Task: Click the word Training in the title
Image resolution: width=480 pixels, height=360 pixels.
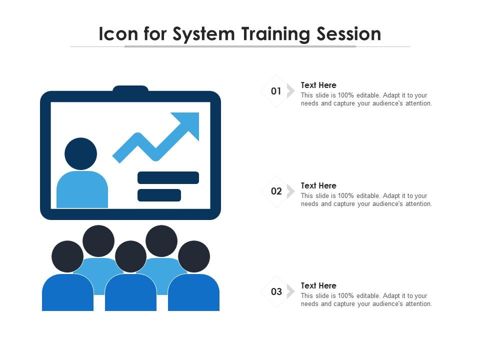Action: [275, 34]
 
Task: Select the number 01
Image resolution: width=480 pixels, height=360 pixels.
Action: [276, 91]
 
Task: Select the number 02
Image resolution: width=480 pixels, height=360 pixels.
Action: [276, 191]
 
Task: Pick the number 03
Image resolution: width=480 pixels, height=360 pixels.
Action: [276, 291]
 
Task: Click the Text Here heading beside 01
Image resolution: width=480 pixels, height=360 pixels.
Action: [318, 85]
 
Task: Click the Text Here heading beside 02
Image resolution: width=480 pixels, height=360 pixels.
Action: [318, 185]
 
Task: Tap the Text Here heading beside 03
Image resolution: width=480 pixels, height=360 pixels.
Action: [318, 285]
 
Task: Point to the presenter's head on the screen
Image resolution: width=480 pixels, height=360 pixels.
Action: [81, 153]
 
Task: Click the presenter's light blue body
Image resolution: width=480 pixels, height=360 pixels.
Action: [82, 189]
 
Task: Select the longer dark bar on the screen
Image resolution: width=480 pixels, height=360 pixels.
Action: [168, 178]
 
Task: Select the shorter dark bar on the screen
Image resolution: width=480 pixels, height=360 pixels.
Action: [159, 195]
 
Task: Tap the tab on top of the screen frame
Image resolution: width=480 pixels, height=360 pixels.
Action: [130, 89]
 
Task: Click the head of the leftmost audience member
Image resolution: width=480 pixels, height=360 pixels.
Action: [67, 256]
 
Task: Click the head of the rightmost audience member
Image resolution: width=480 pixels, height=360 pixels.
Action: [194, 256]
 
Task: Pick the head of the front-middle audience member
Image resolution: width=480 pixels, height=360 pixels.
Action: [130, 256]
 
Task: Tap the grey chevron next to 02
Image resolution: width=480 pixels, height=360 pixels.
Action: [290, 191]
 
